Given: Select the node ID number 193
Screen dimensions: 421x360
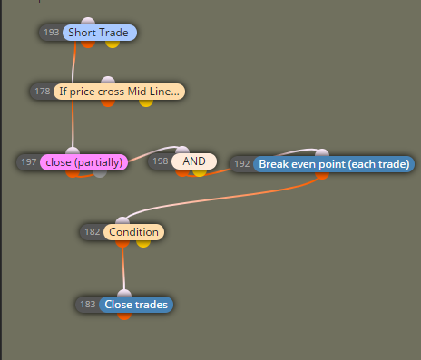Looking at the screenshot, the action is [52, 33].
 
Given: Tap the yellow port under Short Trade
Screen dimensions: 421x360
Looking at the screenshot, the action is [113, 44].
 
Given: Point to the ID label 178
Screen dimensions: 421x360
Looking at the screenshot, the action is [43, 92].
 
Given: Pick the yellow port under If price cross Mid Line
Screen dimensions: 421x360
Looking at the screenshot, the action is [146, 103].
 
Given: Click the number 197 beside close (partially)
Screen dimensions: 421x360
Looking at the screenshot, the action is [29, 162].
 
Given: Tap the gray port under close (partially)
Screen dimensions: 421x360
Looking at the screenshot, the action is [100, 174].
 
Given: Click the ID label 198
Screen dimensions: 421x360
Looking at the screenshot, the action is [161, 161].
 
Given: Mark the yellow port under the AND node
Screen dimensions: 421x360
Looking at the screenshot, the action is [200, 172].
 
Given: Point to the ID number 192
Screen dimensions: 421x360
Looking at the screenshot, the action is [242, 164].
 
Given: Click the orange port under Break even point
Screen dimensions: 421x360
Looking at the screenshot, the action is [322, 176].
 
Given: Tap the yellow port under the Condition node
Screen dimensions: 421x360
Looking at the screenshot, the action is [143, 244].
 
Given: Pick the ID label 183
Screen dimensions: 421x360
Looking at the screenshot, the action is [88, 305].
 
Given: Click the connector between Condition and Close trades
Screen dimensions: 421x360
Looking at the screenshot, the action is [123, 268].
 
